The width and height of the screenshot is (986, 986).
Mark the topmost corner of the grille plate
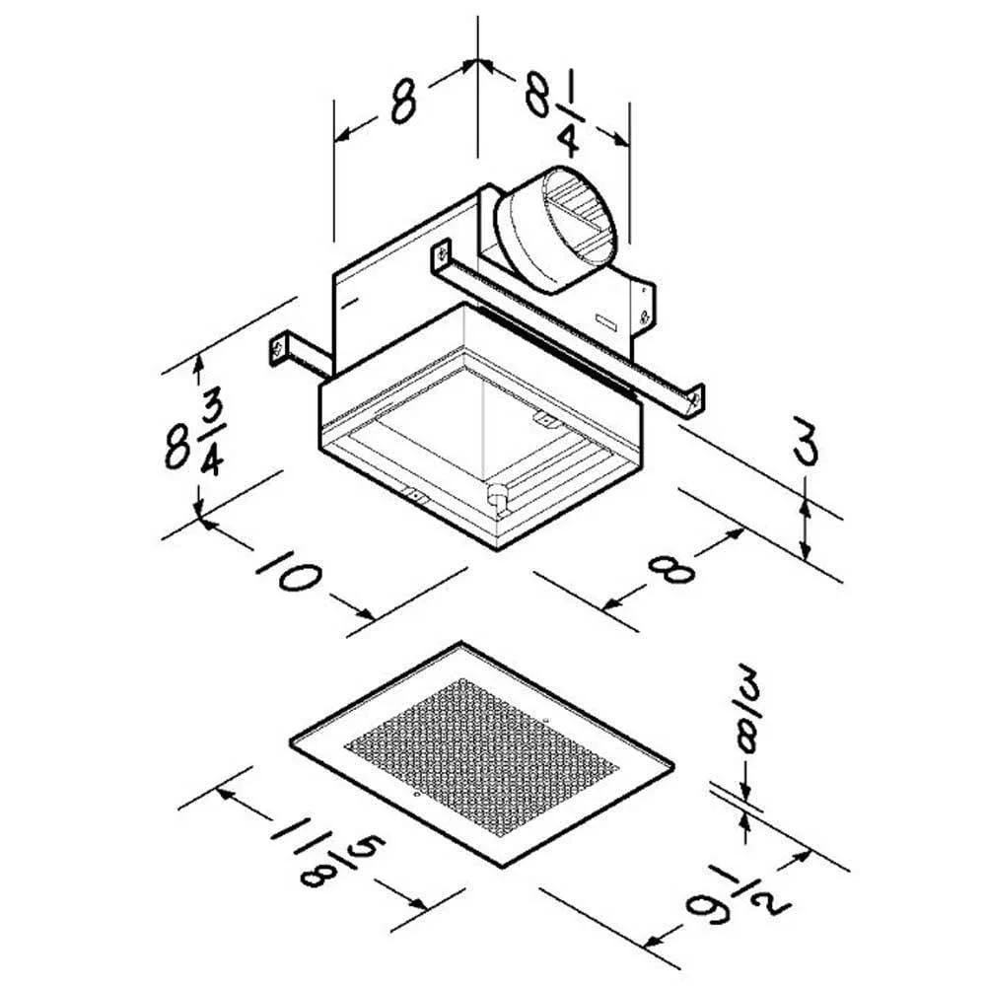[460, 642]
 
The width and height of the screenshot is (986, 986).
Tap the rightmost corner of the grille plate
[673, 766]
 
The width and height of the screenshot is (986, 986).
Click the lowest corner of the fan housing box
[497, 550]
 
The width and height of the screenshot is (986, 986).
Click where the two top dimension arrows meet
[478, 60]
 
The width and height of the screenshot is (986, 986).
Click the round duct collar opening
[580, 216]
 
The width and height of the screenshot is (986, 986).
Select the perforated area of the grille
[482, 757]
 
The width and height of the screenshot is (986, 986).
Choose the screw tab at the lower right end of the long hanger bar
[695, 398]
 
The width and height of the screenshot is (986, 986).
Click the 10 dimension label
[289, 571]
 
